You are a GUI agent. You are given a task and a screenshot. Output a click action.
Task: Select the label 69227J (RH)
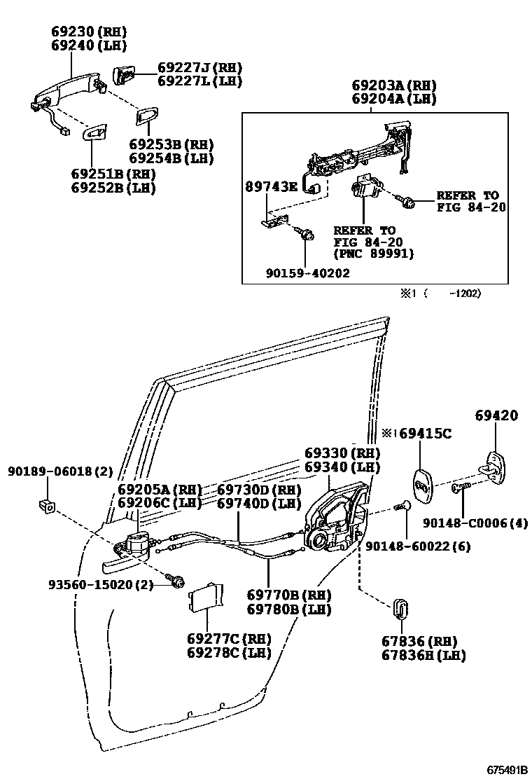pyautogui.click(x=199, y=68)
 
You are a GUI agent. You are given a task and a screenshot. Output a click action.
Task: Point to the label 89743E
pyautogui.click(x=272, y=186)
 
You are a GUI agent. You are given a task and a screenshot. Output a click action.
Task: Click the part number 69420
pyautogui.click(x=496, y=415)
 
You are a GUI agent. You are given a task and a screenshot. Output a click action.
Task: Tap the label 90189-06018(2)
pyautogui.click(x=60, y=471)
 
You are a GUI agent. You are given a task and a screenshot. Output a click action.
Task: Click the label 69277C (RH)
pyautogui.click(x=228, y=639)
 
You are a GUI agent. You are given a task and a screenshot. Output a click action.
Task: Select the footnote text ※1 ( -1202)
pyautogui.click(x=440, y=294)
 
